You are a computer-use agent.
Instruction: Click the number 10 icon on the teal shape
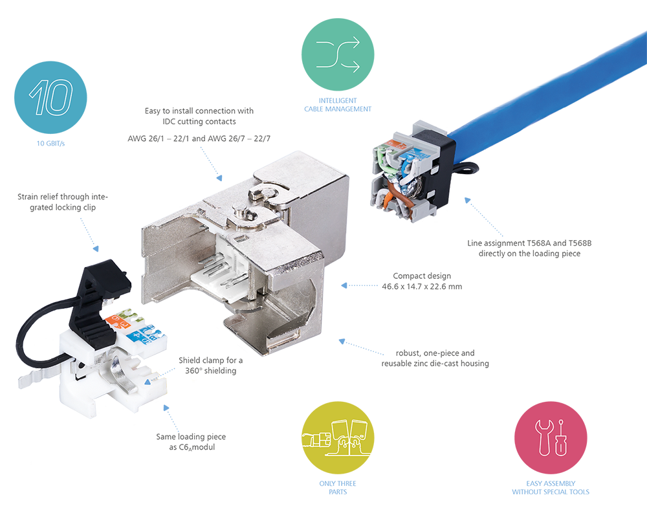(50, 98)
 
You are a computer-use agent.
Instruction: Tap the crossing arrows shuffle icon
(338, 56)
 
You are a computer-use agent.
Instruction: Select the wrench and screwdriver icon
(550, 437)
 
